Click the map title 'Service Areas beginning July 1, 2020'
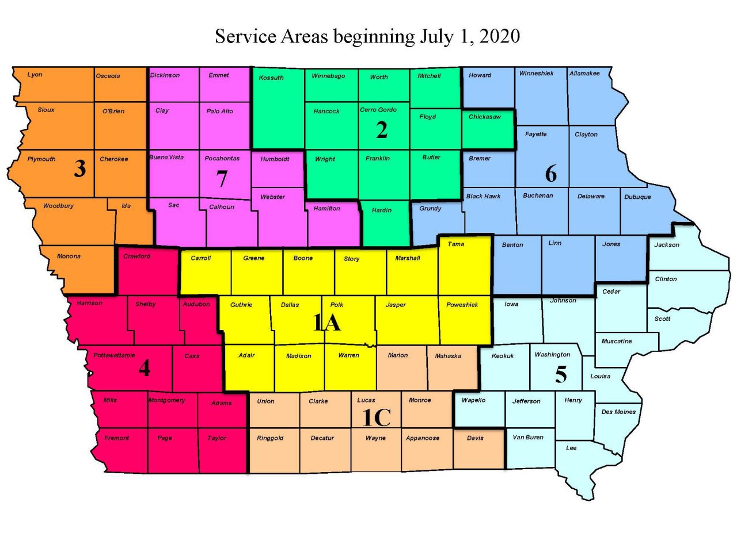(367, 36)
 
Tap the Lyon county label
(35, 75)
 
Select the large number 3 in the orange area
(80, 168)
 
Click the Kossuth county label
(271, 78)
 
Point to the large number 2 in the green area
(382, 131)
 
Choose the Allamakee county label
(584, 74)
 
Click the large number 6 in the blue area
(551, 174)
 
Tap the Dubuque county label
(637, 197)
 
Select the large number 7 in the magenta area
(222, 179)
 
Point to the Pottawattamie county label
(114, 355)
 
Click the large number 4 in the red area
(145, 368)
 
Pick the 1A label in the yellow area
(326, 323)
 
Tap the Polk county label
(337, 305)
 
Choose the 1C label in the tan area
(377, 418)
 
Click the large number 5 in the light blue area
(561, 375)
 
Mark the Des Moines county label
(618, 412)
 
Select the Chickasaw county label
(484, 117)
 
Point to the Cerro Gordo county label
(378, 110)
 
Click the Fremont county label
(117, 438)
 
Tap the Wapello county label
(473, 400)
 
